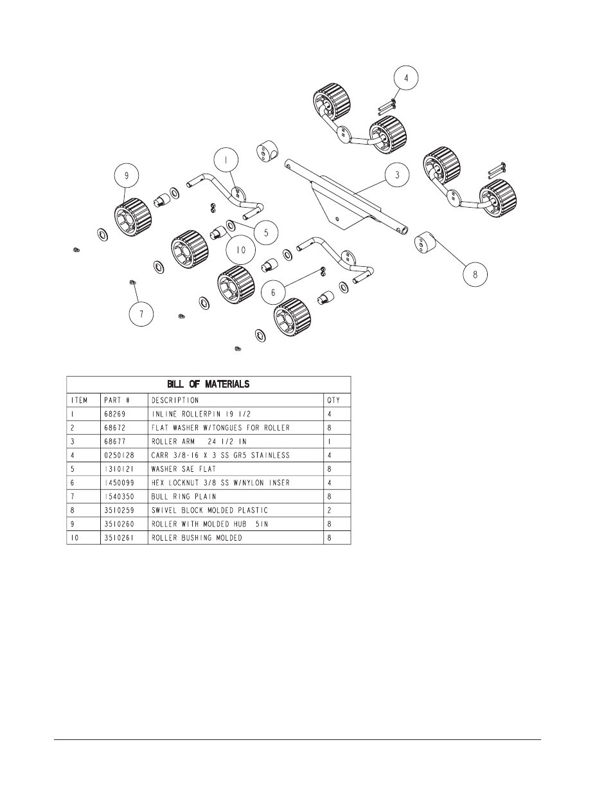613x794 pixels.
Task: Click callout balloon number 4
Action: pos(405,78)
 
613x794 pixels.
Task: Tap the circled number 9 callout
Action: pos(127,175)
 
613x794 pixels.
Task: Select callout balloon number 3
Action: pos(397,175)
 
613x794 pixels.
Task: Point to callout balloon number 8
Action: pos(475,274)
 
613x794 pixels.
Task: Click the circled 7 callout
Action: pos(141,314)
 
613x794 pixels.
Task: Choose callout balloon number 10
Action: pos(240,249)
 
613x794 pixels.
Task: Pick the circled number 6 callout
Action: pos(273,292)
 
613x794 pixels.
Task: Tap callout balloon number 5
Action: pos(266,229)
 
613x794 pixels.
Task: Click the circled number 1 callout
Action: pos(226,159)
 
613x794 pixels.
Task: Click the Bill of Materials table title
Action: pos(208,384)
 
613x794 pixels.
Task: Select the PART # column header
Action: pos(116,400)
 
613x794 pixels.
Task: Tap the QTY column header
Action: pos(334,400)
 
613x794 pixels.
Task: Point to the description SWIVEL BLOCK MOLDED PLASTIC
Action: pos(209,510)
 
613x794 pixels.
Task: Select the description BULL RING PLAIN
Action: pos(184,496)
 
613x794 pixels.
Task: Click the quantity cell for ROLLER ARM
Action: pos(330,442)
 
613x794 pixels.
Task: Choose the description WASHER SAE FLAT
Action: pos(184,469)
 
